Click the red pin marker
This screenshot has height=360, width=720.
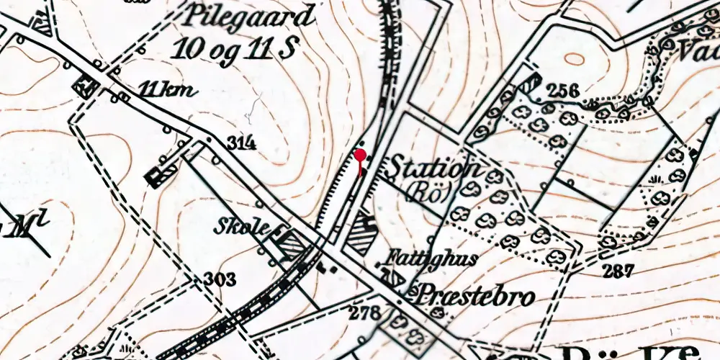pyautogui.click(x=359, y=155)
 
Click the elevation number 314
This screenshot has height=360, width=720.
pyautogui.click(x=241, y=143)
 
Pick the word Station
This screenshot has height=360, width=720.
pyautogui.click(x=433, y=168)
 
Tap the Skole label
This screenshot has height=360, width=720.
pyautogui.click(x=241, y=228)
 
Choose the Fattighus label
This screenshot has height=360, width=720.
pyautogui.click(x=429, y=258)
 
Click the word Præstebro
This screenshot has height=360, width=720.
pyautogui.click(x=476, y=295)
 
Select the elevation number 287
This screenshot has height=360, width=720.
pyautogui.click(x=619, y=271)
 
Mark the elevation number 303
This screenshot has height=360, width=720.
pyautogui.click(x=219, y=279)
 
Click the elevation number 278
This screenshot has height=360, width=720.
pyautogui.click(x=365, y=312)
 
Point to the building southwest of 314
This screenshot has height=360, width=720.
pyautogui.click(x=161, y=174)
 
